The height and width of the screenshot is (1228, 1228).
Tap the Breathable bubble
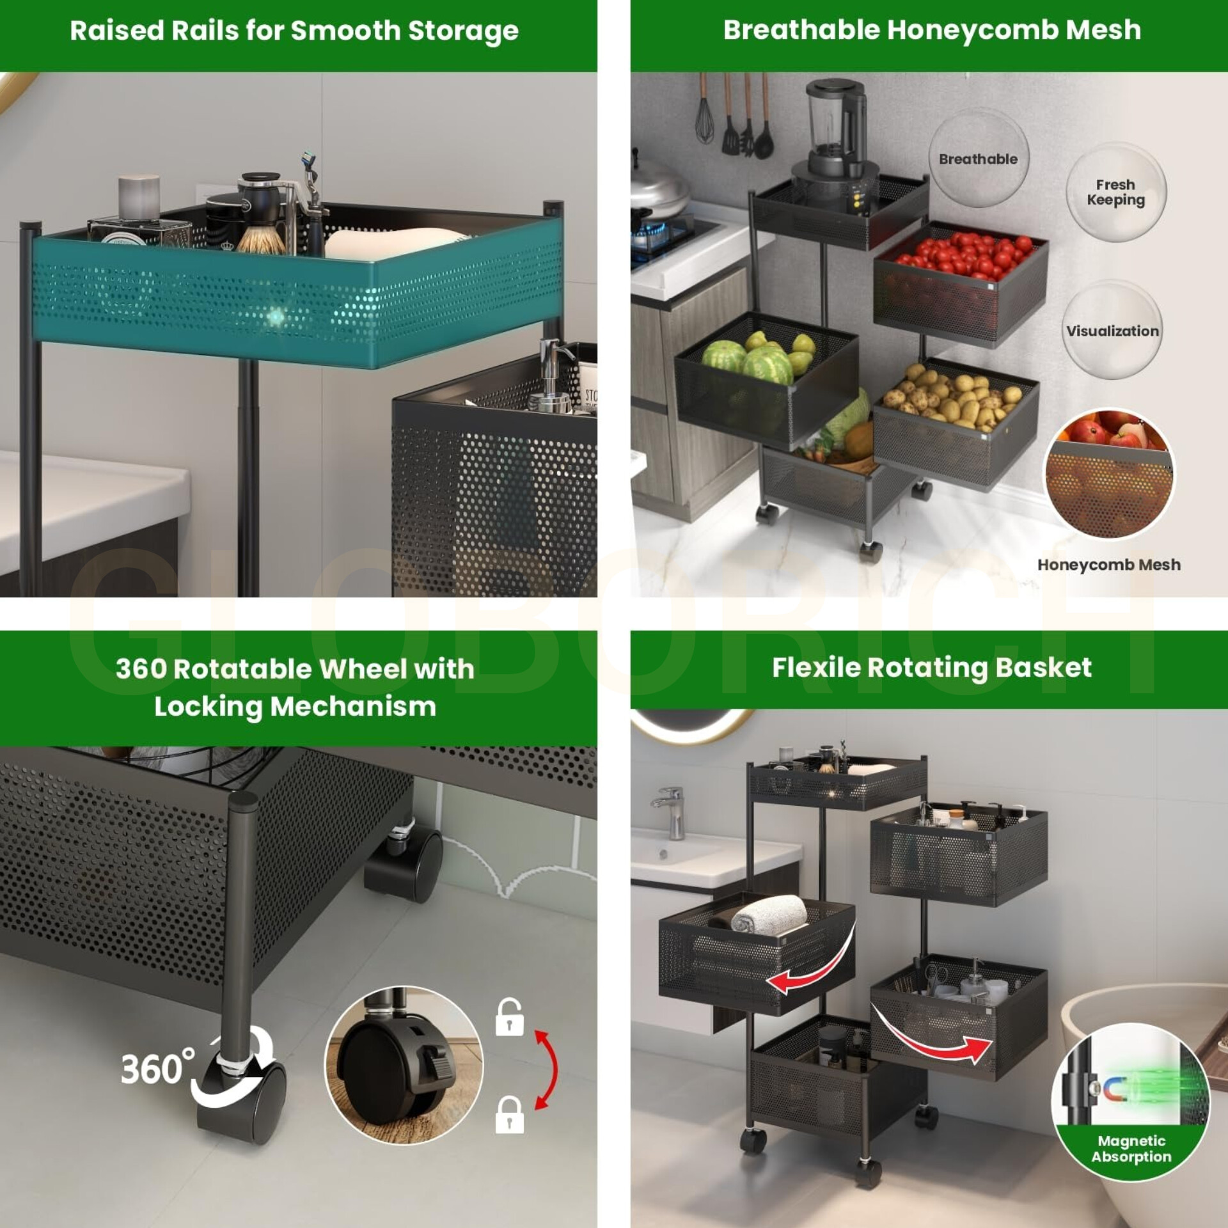(979, 157)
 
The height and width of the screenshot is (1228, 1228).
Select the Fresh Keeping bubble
(1116, 192)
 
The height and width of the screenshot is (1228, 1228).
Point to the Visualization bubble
(1112, 331)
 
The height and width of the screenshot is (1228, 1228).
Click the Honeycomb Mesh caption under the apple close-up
(1109, 565)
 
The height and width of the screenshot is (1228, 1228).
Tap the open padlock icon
(509, 1017)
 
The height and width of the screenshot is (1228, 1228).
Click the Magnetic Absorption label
(1131, 1149)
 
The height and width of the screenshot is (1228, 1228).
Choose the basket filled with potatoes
(956, 422)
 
